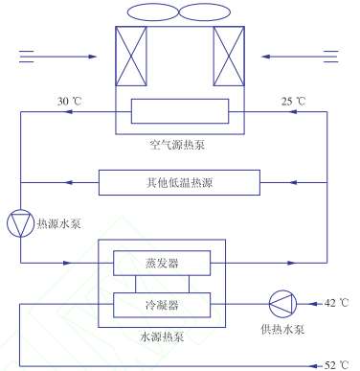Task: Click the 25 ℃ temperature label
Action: (295, 101)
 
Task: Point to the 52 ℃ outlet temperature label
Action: (336, 365)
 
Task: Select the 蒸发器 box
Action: (162, 262)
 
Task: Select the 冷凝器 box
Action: (162, 305)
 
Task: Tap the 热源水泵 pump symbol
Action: (19, 224)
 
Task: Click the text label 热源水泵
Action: (58, 225)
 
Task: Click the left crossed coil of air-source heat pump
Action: (132, 57)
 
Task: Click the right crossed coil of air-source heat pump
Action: (230, 57)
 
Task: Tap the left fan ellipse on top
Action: (148, 12)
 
